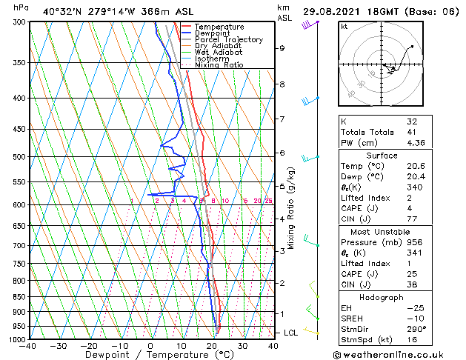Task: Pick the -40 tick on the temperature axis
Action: point(28,346)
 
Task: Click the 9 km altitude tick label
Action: point(282,48)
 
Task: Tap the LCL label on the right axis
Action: point(291,333)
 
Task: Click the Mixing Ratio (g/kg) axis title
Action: point(292,207)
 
